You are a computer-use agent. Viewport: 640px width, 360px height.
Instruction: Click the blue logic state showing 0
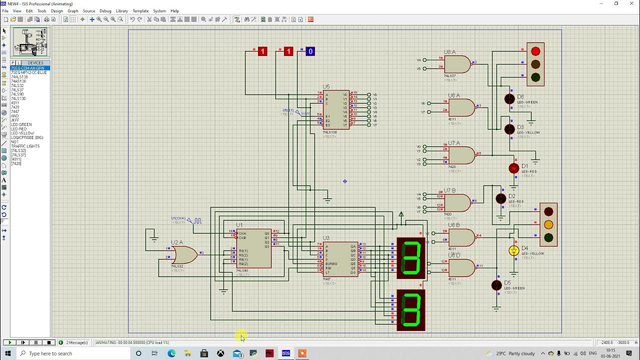pyautogui.click(x=310, y=51)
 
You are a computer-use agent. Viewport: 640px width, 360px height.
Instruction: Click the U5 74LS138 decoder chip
pyautogui.click(x=335, y=110)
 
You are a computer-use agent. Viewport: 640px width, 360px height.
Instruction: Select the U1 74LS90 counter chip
pyautogui.click(x=254, y=248)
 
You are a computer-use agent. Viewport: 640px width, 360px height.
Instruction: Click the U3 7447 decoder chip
pyautogui.click(x=340, y=259)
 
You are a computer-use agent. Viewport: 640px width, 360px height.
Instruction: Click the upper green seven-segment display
pyautogui.click(x=411, y=258)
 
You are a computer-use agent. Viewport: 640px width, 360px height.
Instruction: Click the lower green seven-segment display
pyautogui.click(x=411, y=310)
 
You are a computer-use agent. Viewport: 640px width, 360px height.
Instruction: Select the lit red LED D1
pyautogui.click(x=513, y=168)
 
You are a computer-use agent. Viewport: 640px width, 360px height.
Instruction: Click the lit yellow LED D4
pyautogui.click(x=513, y=250)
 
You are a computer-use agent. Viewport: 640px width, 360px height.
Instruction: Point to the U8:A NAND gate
pyautogui.click(x=457, y=64)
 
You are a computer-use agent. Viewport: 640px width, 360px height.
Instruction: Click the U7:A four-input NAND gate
pyautogui.click(x=461, y=155)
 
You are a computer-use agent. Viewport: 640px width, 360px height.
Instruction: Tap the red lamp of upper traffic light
pyautogui.click(x=535, y=51)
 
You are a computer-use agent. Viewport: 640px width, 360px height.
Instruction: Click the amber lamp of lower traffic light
pyautogui.click(x=548, y=224)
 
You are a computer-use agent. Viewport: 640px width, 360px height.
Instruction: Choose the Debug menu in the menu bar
pyautogui.click(x=105, y=10)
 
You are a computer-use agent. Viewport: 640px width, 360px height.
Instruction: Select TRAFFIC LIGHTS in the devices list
pyautogui.click(x=25, y=146)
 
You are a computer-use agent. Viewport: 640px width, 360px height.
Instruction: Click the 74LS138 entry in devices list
pyautogui.click(x=18, y=98)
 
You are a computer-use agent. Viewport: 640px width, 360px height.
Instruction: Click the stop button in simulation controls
pyautogui.click(x=49, y=342)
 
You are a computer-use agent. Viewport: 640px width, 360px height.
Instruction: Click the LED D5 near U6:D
pyautogui.click(x=496, y=285)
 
